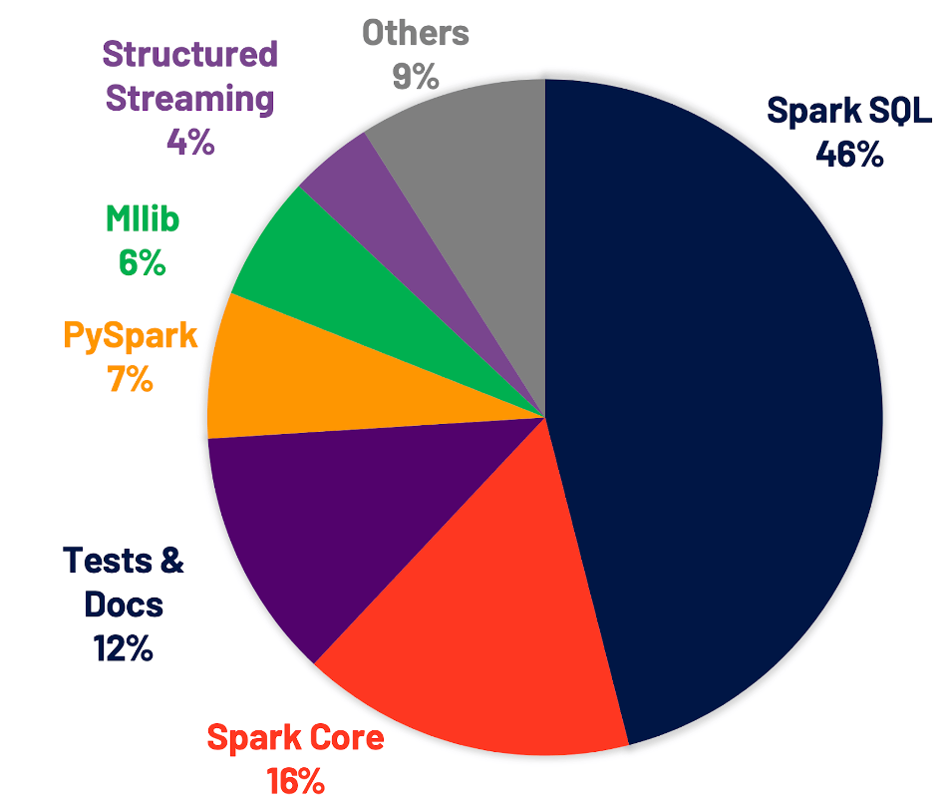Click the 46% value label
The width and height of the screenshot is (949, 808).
[x=849, y=154]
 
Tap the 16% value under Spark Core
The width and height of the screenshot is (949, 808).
[x=294, y=779]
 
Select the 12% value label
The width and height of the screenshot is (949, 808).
[x=124, y=648]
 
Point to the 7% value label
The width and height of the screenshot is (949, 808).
[x=131, y=379]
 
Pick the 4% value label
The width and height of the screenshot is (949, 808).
[x=190, y=142]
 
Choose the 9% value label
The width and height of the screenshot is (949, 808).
[x=416, y=76]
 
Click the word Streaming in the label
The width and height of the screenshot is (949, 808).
[x=190, y=99]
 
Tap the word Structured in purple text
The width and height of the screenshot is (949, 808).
[x=190, y=54]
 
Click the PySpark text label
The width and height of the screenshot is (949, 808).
[x=131, y=335]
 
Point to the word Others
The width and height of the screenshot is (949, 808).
[x=416, y=33]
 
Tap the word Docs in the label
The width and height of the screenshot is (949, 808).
[x=124, y=605]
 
